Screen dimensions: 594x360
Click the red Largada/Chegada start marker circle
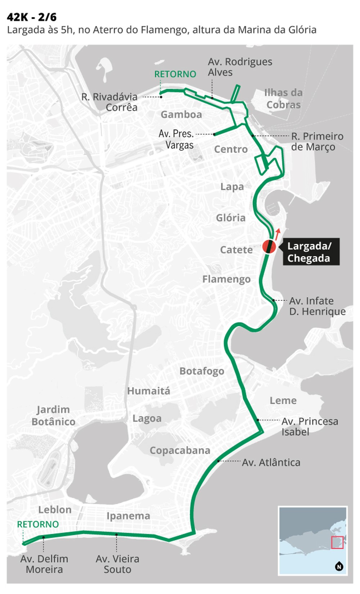coord(269,247)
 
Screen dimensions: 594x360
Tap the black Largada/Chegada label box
coord(311,252)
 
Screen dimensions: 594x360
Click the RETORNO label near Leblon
coord(38,524)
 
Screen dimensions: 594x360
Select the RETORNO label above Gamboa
coord(175,74)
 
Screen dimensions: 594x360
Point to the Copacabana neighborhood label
coord(180,450)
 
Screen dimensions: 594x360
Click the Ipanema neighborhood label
coord(128,516)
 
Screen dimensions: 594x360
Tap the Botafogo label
coord(202,371)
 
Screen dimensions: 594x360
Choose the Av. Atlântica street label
coord(271,463)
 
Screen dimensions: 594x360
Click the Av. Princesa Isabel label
coord(310,427)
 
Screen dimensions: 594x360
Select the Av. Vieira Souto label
coord(117,564)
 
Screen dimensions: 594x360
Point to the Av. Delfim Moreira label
coord(44,564)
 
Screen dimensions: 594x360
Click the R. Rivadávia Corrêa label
coord(110,102)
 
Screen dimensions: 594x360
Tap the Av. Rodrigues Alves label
coord(240,67)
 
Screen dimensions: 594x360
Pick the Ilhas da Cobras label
coord(283,99)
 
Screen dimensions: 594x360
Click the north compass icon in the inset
coord(339,566)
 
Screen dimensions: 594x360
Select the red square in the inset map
coord(337,542)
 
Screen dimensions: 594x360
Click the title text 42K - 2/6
coord(32,17)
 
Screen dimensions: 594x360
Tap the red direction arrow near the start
coord(277,234)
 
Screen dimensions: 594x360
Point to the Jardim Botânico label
coord(53,415)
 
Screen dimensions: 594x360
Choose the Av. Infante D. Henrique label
coord(317,306)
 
